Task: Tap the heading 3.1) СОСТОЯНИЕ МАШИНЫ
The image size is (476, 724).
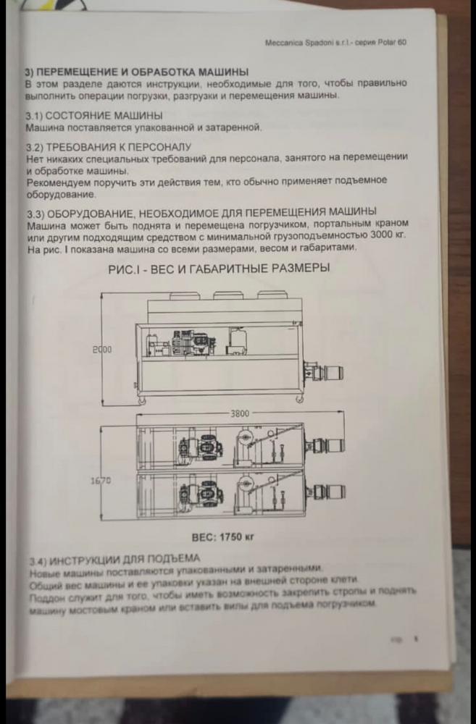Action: coord(93,116)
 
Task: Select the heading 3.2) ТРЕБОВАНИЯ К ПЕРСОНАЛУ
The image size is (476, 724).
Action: coord(108,146)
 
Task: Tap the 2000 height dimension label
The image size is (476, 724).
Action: coord(102,350)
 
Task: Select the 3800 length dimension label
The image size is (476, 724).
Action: coord(240,413)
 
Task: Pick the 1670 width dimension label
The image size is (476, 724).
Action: coord(100,480)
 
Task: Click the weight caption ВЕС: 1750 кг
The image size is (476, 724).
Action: coord(223,538)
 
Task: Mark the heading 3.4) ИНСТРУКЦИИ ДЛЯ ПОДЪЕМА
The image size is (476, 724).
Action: coord(114,559)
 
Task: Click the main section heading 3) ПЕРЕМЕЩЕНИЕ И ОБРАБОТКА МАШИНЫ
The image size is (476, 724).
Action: coord(137,72)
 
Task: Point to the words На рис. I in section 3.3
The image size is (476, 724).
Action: coord(45,248)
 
